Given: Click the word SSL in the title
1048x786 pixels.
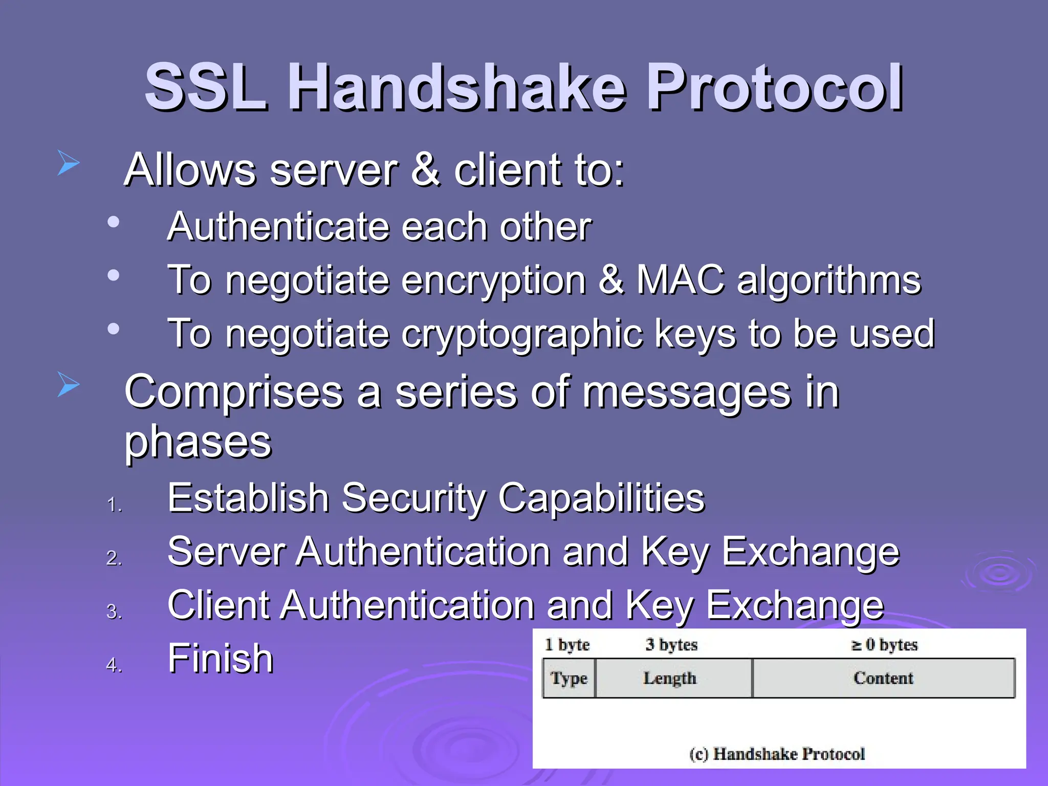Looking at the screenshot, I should pyautogui.click(x=205, y=87).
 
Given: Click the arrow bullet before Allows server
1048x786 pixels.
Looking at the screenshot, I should pyautogui.click(x=68, y=163).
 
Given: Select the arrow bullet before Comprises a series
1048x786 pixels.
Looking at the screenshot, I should pyautogui.click(x=68, y=384).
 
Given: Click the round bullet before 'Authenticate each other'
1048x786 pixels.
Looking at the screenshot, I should pyautogui.click(x=113, y=222).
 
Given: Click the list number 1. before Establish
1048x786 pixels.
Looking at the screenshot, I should pyautogui.click(x=114, y=505).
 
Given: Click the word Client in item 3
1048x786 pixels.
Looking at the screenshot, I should pyautogui.click(x=217, y=605).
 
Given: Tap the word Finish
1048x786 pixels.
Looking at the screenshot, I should pyautogui.click(x=220, y=659).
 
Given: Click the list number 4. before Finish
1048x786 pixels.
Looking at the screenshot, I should pyautogui.click(x=114, y=665).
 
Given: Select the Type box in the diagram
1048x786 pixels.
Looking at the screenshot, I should pyautogui.click(x=569, y=678).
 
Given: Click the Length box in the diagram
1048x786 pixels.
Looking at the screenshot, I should pyautogui.click(x=670, y=678).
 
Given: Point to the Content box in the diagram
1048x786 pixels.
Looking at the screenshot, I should pyautogui.click(x=883, y=678).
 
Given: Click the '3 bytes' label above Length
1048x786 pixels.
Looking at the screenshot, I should pyautogui.click(x=671, y=644).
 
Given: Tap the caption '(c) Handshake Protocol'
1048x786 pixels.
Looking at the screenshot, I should pyautogui.click(x=777, y=753).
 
